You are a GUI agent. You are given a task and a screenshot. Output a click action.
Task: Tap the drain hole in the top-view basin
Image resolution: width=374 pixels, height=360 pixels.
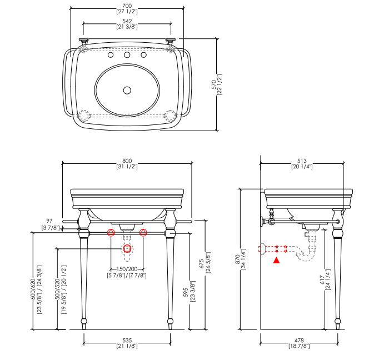click(x=127, y=90)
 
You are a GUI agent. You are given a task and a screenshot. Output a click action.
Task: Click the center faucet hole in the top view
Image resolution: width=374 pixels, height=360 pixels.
click(x=127, y=55)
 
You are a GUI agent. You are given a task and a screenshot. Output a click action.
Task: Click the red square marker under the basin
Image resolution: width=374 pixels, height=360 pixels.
click(x=127, y=248)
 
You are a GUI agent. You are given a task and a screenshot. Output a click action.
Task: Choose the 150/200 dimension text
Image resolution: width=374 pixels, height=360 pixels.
click(x=127, y=269)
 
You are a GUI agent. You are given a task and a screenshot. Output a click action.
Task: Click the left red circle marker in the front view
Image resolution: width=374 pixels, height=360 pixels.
click(x=111, y=232)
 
